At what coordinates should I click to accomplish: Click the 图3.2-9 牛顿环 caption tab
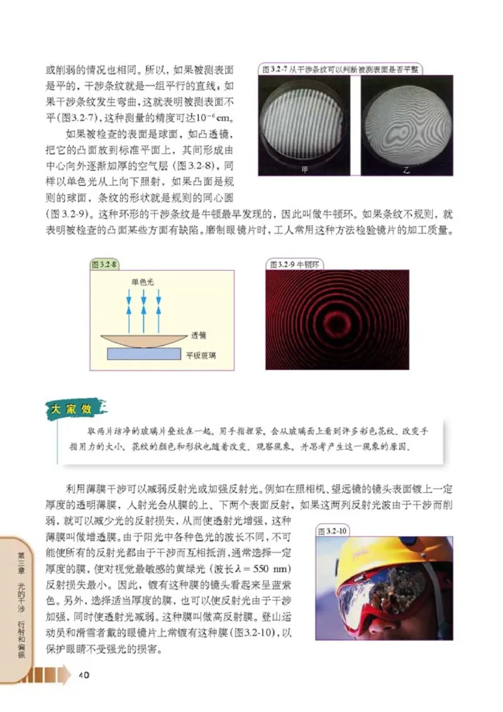point(295,265)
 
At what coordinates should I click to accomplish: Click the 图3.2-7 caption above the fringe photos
point(340,70)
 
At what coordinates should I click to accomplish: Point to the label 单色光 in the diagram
point(142,283)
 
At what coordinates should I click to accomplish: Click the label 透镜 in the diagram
point(199,335)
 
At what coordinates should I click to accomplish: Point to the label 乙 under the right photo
point(403,170)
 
